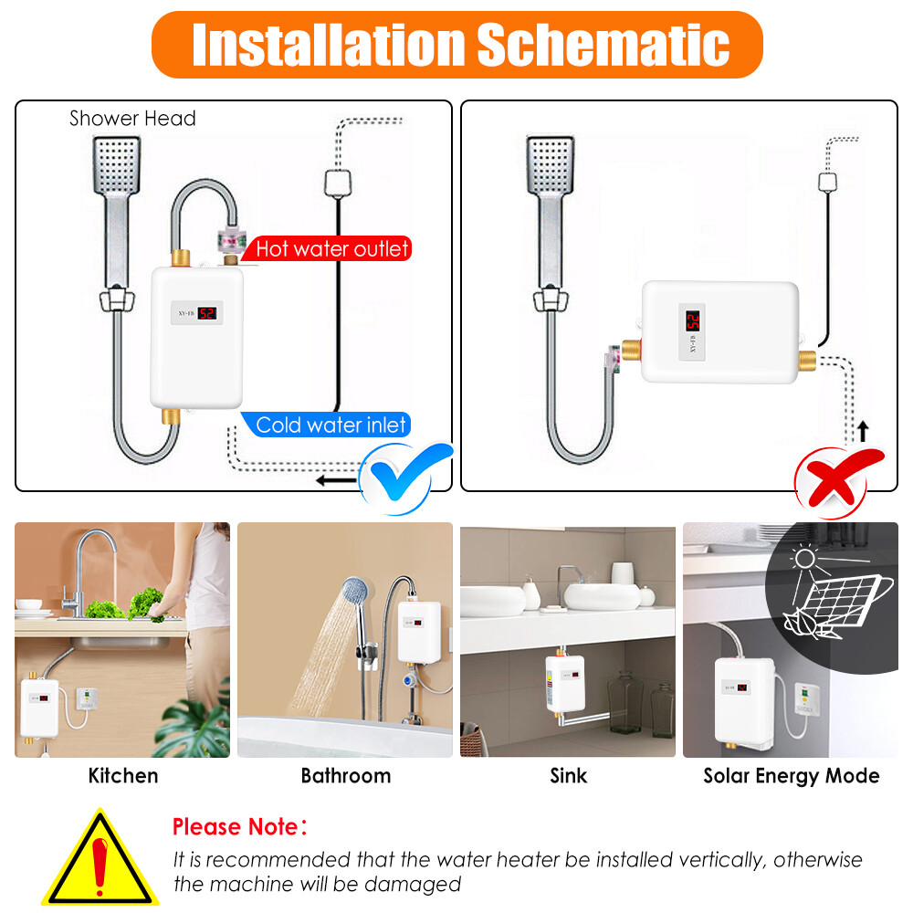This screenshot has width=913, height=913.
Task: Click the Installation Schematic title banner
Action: click(456, 44)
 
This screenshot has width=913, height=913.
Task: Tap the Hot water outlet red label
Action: click(331, 248)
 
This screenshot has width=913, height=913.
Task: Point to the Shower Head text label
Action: click(132, 119)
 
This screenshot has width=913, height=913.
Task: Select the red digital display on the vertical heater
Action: click(207, 312)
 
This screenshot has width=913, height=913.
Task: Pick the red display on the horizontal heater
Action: click(693, 320)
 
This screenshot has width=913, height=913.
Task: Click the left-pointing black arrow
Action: click(332, 478)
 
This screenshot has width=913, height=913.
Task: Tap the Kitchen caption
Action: click(123, 776)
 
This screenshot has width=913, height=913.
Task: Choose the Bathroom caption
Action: click(345, 776)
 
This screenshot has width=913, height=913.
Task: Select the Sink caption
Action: click(569, 776)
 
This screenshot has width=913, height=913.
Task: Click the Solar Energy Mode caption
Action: click(791, 776)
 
